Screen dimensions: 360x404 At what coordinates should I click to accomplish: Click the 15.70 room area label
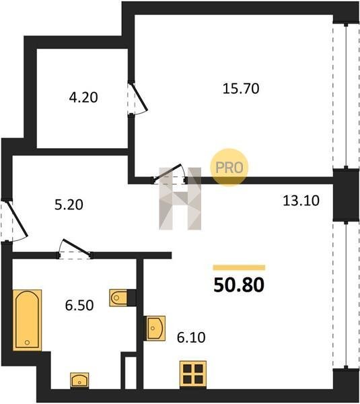point(241,89)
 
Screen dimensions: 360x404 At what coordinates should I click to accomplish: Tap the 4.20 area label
point(83,98)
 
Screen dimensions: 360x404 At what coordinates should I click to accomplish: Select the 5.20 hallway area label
point(69,205)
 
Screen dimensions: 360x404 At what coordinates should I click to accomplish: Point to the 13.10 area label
point(301,201)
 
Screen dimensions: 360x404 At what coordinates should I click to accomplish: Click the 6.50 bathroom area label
point(79,306)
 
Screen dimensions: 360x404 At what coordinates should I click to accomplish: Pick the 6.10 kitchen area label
point(191,337)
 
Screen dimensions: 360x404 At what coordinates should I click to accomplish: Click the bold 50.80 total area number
point(239,285)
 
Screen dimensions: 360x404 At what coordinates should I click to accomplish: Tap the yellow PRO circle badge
point(229,167)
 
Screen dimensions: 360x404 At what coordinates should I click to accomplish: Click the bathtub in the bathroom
point(27,320)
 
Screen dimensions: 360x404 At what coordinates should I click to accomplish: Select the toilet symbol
point(118,298)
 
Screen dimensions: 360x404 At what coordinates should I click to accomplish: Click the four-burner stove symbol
point(193,375)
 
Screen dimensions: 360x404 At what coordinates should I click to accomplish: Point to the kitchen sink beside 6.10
point(156,328)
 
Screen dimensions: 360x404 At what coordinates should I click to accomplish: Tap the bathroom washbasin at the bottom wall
point(79,380)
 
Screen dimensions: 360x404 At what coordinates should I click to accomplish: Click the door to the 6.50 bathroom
point(75,250)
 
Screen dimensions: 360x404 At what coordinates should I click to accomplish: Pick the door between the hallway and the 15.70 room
point(169,174)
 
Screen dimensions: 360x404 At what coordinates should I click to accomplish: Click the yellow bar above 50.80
point(239,268)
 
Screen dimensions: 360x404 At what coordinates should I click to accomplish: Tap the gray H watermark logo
point(180,199)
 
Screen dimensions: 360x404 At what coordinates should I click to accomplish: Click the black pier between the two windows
point(346,195)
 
